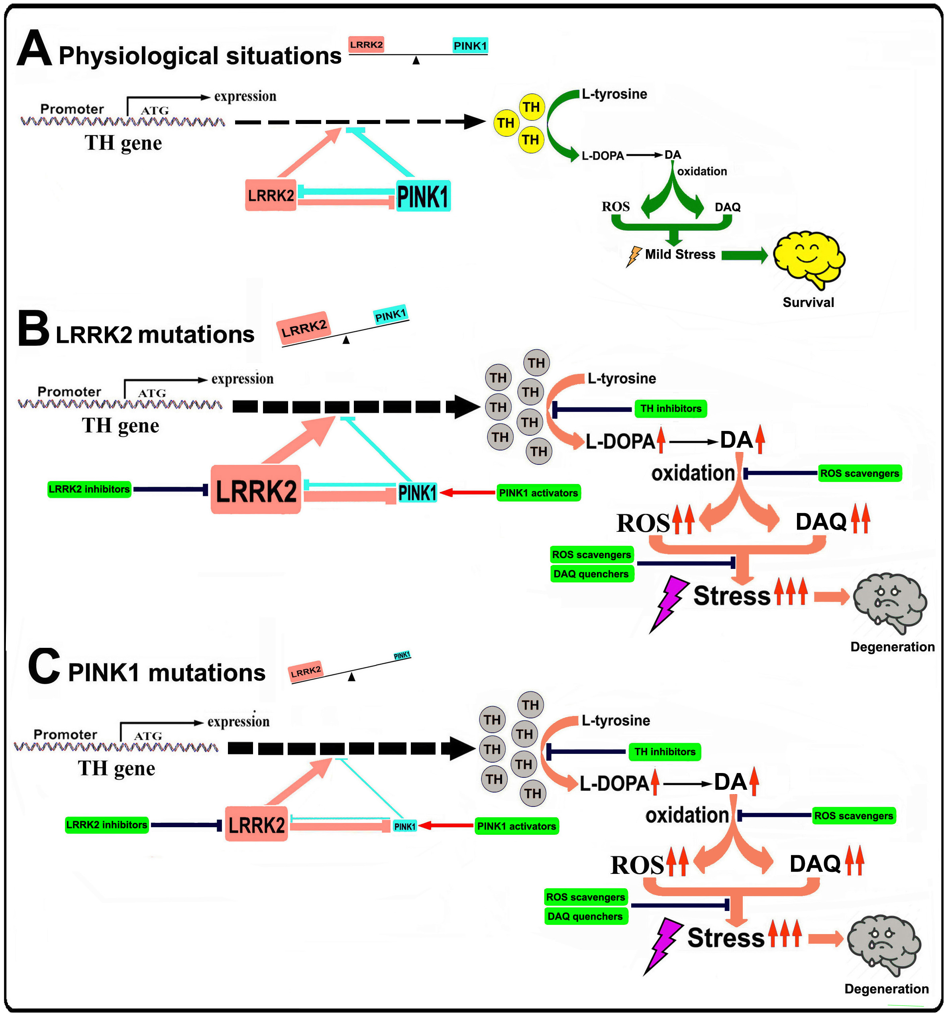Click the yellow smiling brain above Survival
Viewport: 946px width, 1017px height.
[x=808, y=258]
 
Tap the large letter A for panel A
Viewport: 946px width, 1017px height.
[x=34, y=49]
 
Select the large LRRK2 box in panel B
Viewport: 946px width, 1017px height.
[x=256, y=490]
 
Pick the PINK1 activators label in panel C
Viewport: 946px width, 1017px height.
[x=516, y=826]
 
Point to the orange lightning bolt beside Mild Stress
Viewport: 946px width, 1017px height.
[x=634, y=256]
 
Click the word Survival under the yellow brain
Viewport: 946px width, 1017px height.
[x=808, y=302]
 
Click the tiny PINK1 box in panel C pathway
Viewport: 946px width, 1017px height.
[x=404, y=826]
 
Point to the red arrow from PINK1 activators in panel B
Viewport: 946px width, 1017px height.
[x=467, y=493]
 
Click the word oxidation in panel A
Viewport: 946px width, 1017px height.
[x=702, y=171]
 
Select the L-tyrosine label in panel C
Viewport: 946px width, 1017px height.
[x=616, y=720]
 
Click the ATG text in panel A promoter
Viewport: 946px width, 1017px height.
[x=155, y=110]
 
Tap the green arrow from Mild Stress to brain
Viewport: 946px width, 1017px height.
[x=744, y=255]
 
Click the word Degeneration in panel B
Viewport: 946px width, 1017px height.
[x=892, y=647]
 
